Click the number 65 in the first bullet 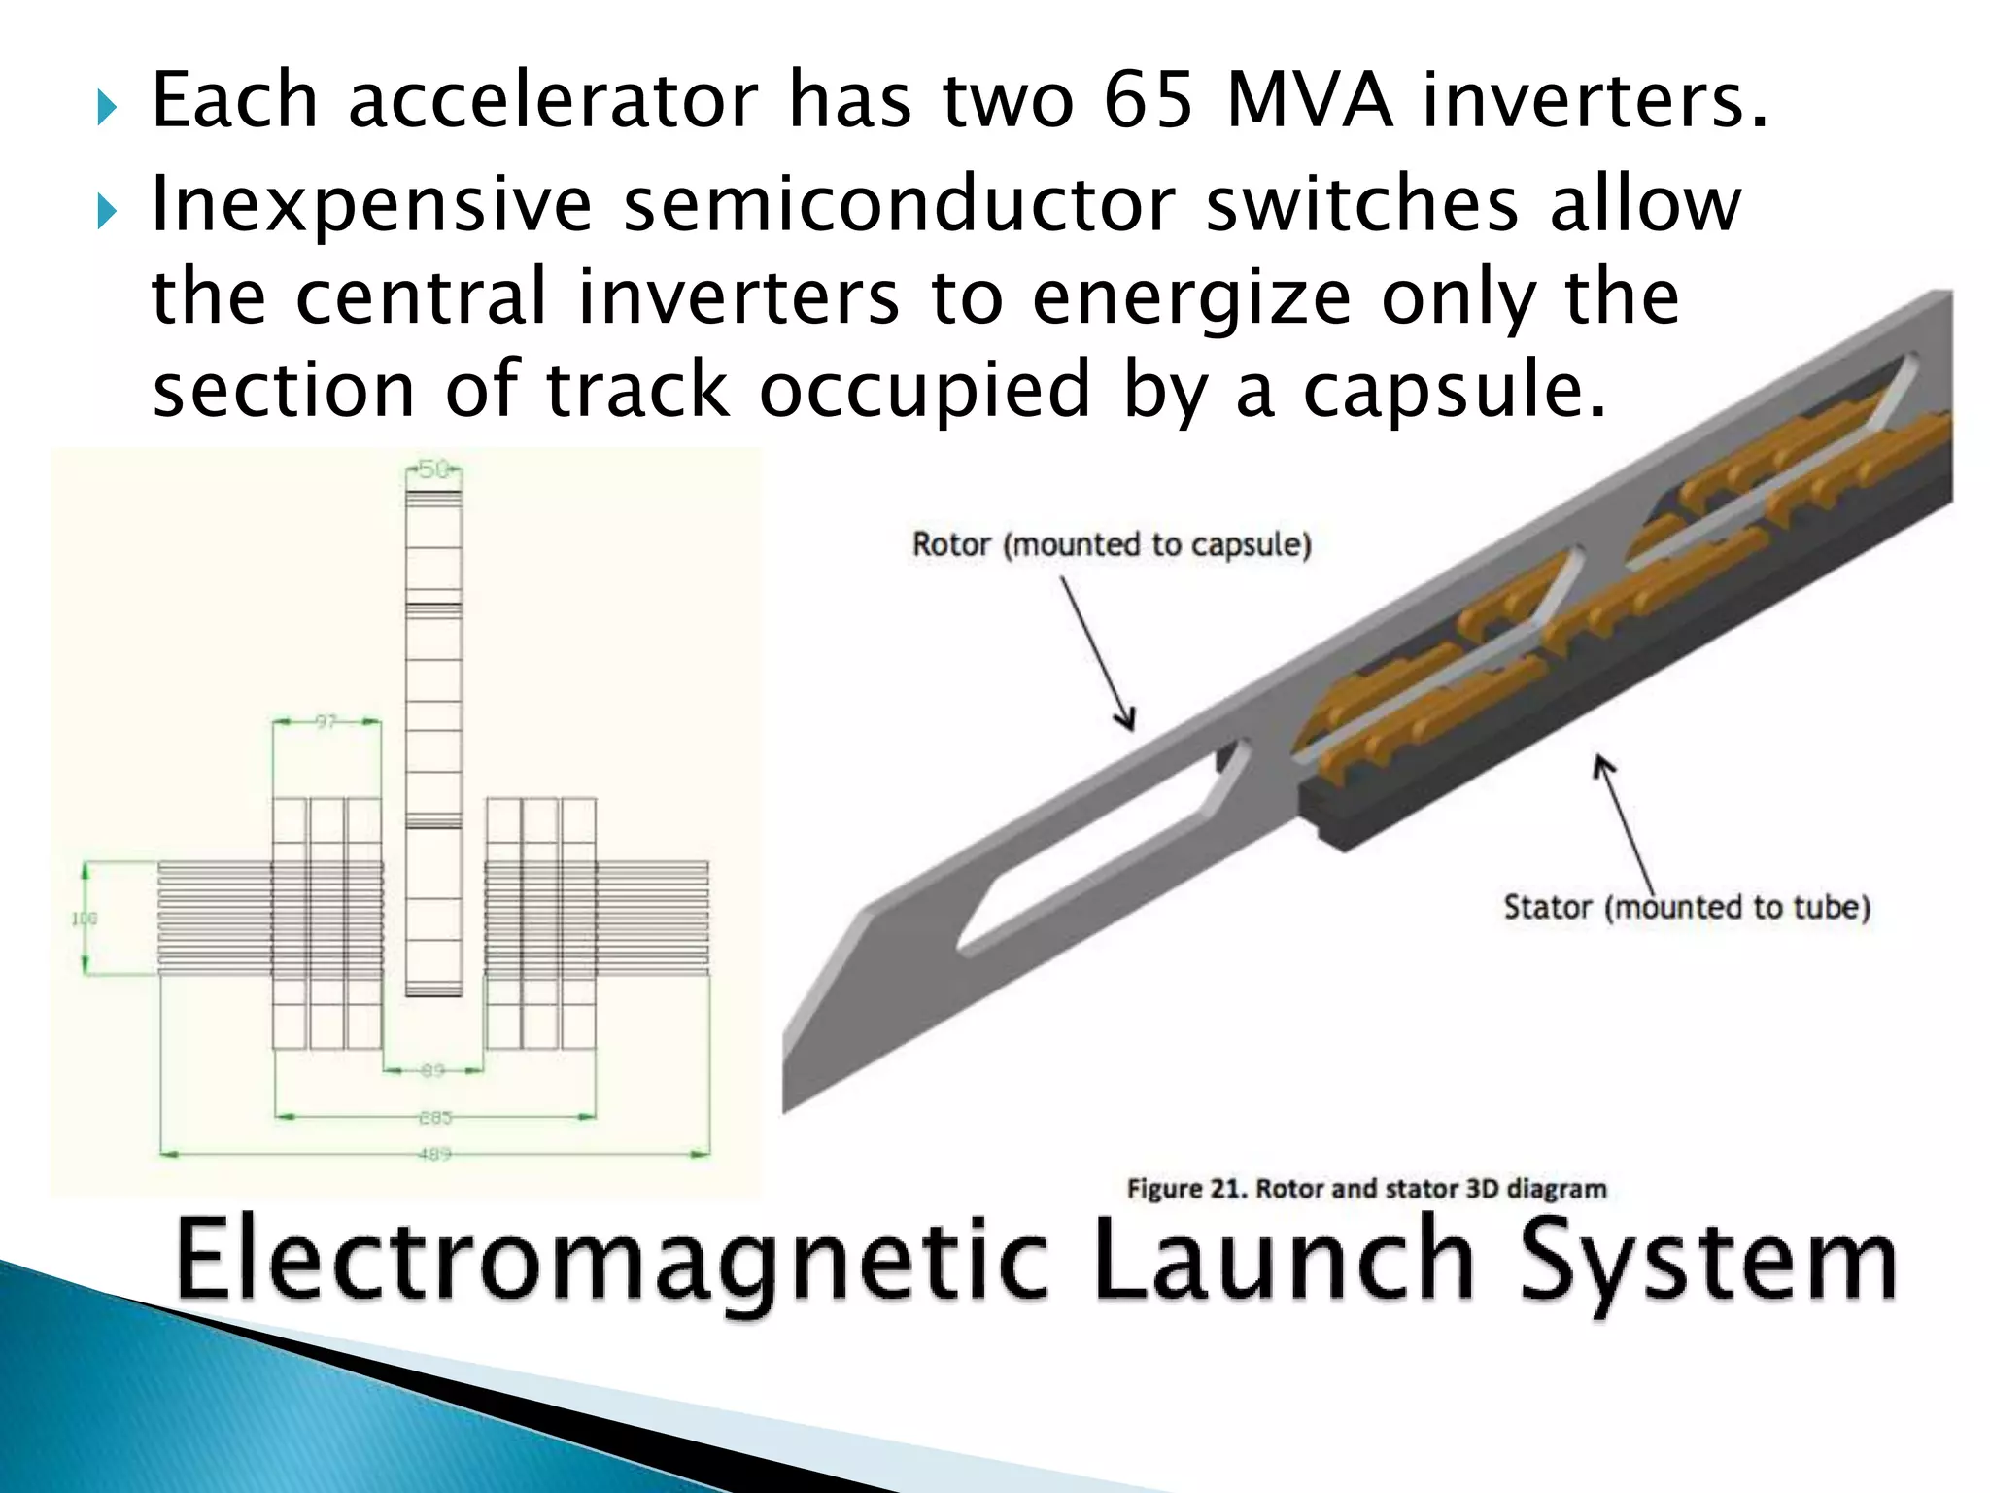click(x=1148, y=101)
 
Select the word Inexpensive click(x=372, y=206)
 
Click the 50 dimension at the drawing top click(x=433, y=469)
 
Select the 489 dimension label click(x=434, y=1155)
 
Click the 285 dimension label click(x=434, y=1118)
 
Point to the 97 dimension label click(x=326, y=721)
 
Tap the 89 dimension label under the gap click(x=432, y=1070)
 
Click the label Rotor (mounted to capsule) click(x=1112, y=544)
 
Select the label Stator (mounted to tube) click(x=1687, y=907)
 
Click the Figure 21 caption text click(x=1366, y=1189)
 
